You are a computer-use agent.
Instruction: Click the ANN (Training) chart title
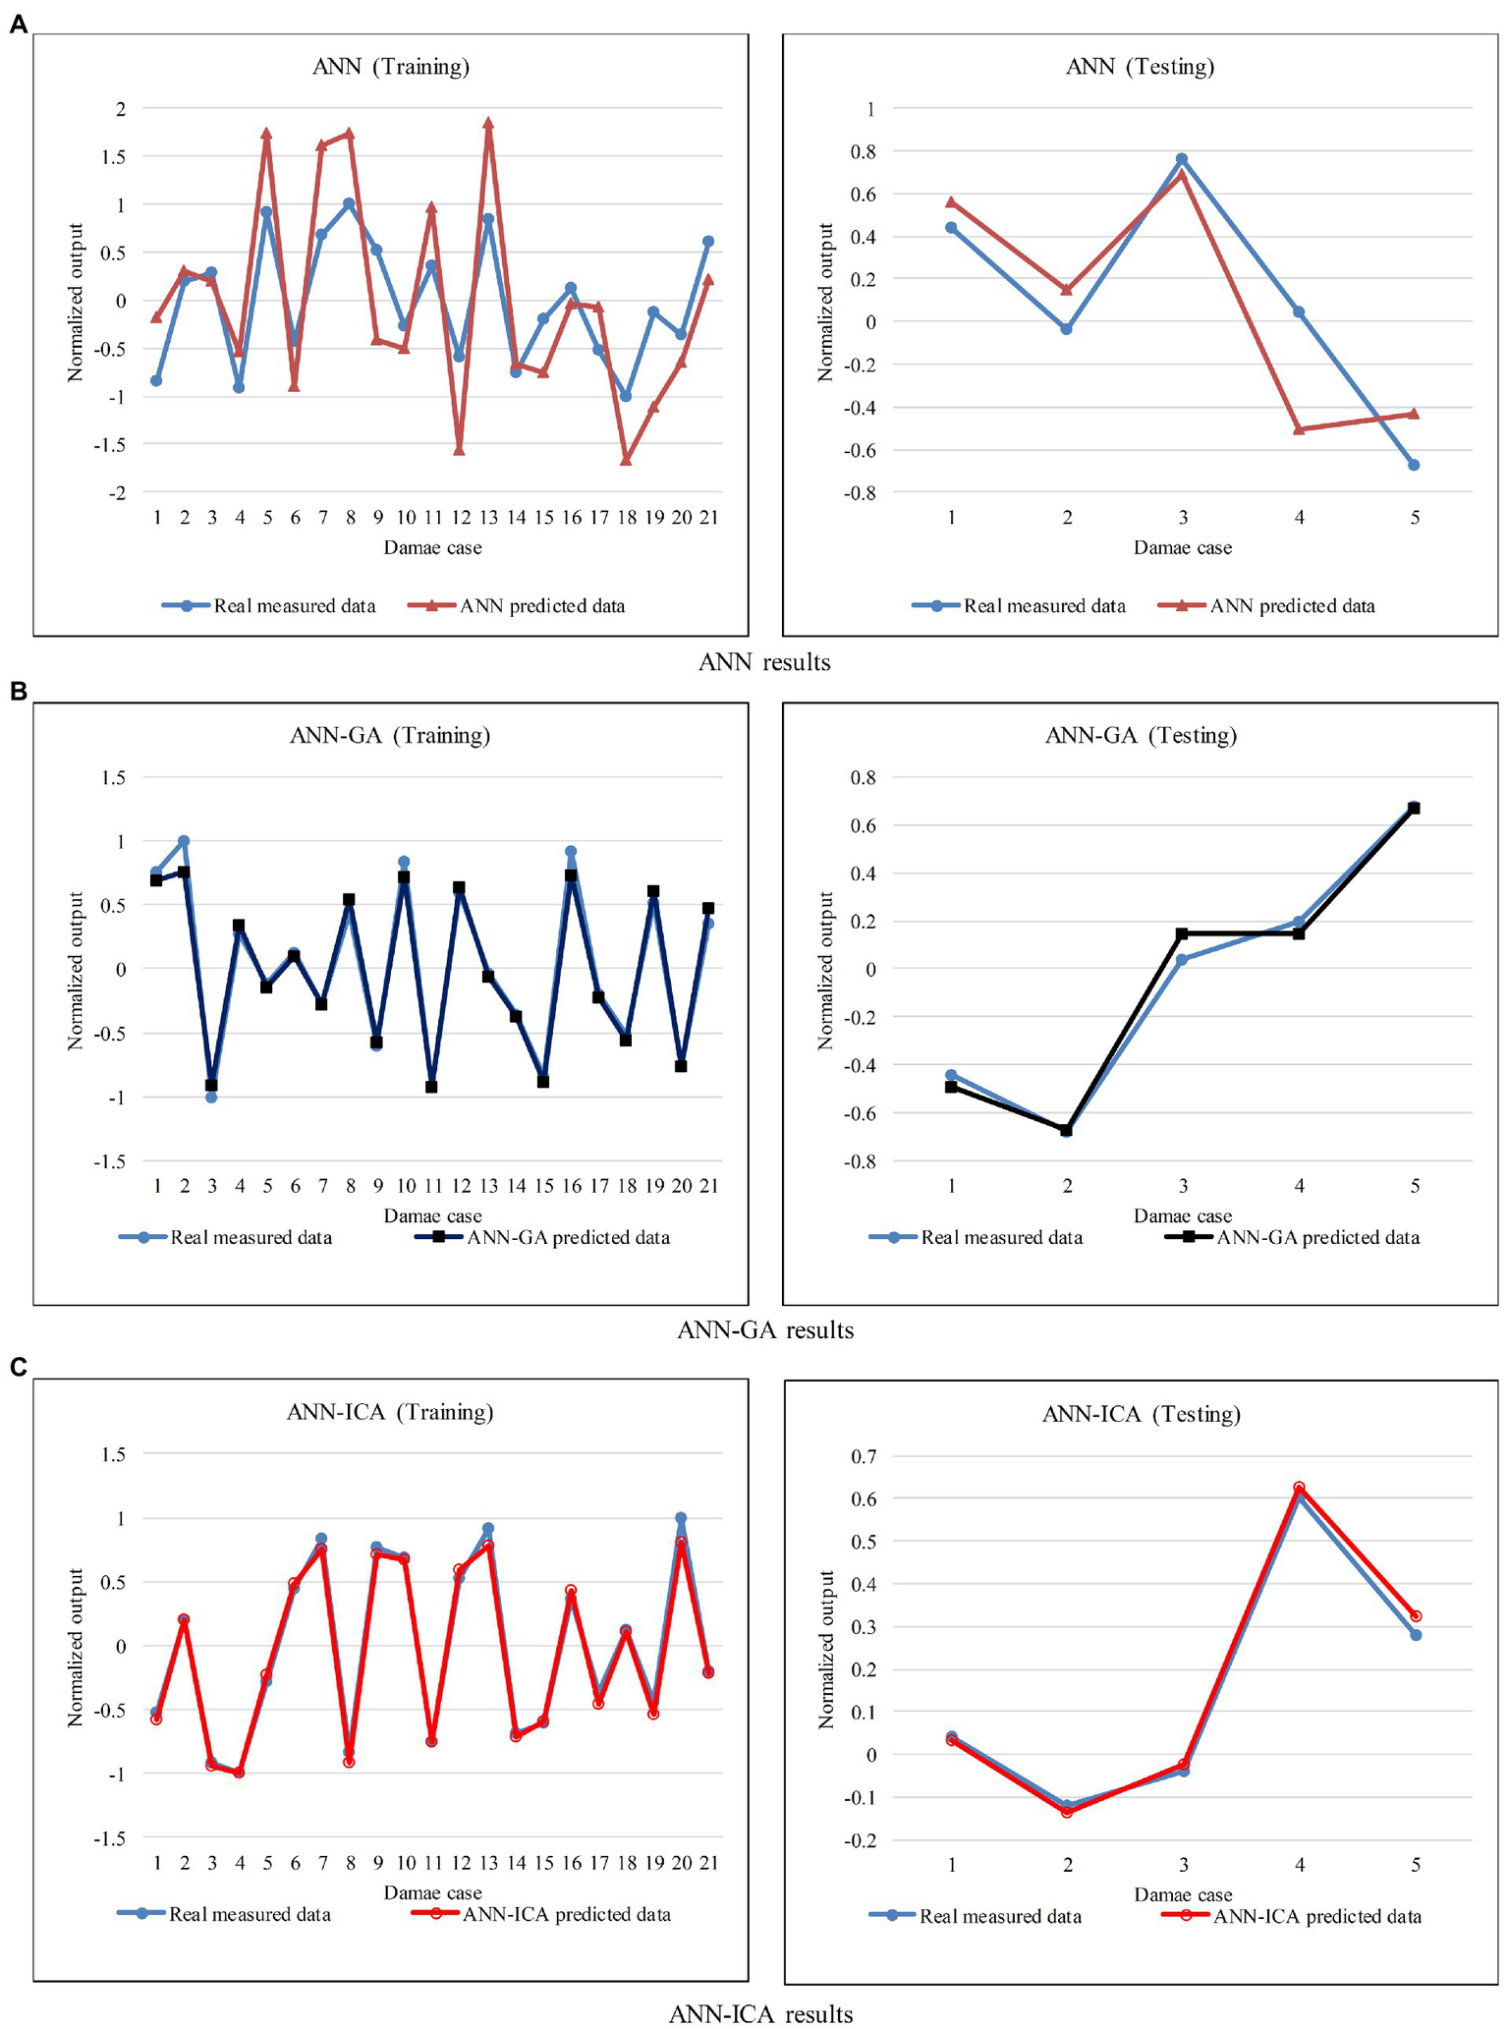coord(390,67)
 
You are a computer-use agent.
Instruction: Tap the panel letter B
coord(17,692)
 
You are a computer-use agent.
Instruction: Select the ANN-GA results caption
coord(764,1330)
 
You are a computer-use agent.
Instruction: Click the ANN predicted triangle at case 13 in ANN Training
coord(488,124)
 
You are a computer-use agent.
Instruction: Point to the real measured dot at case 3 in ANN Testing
coord(1182,158)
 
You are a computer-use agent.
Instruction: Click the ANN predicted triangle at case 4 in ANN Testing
coord(1299,429)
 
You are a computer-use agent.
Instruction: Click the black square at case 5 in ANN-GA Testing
coord(1415,808)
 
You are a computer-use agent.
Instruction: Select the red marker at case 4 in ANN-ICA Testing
coord(1299,1488)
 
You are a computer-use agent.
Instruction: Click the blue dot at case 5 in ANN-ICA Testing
coord(1416,1635)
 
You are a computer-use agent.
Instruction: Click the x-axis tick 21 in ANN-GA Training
coord(708,1186)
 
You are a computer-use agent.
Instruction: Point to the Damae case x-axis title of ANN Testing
coord(1182,548)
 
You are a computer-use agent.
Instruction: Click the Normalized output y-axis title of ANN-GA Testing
coord(826,971)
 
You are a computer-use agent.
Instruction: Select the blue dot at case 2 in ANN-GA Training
coord(184,841)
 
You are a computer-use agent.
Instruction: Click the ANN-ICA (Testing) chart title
coord(1141,1414)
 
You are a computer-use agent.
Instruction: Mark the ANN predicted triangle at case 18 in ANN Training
coord(626,460)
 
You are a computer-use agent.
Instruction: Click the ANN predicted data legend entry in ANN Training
coord(541,606)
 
